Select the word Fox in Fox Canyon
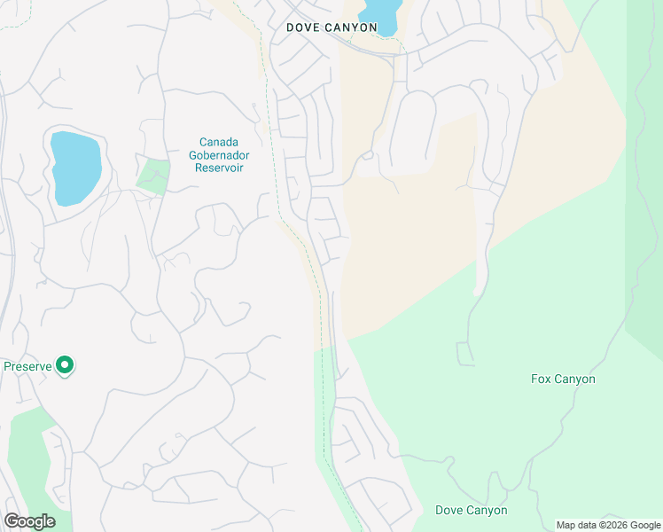(542, 379)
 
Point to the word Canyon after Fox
(575, 379)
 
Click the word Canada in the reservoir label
(219, 142)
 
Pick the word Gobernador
(221, 154)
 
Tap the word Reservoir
(221, 167)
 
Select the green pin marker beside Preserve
(64, 364)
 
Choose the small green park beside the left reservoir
(153, 175)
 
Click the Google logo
(30, 521)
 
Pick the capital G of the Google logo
(12, 521)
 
